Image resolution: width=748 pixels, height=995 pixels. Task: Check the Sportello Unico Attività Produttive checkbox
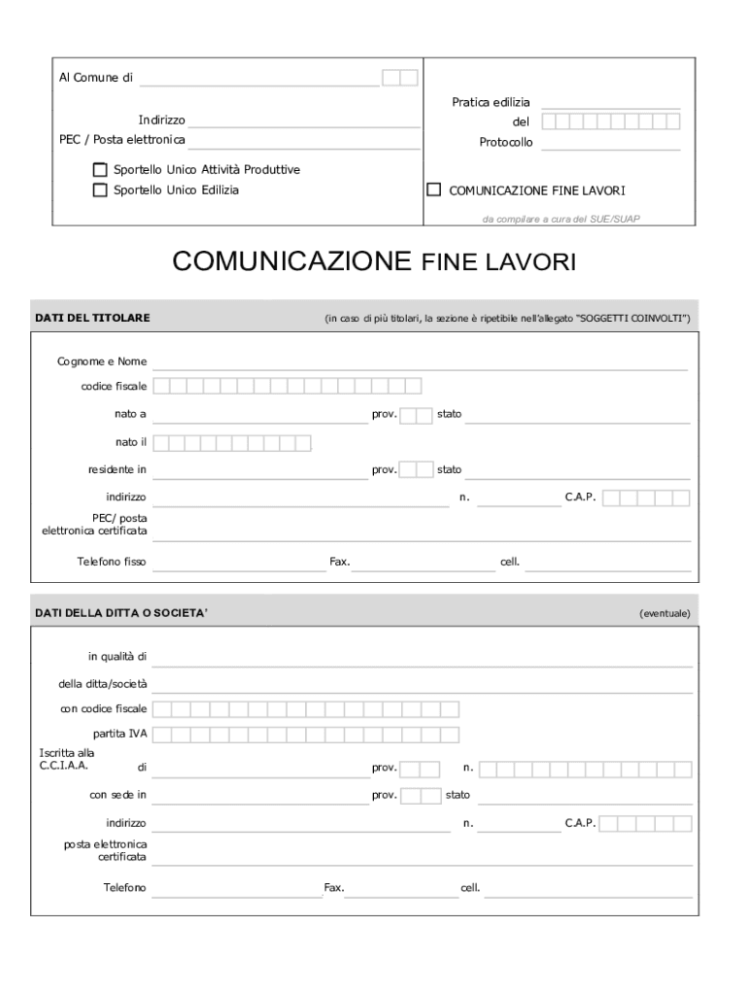(x=100, y=170)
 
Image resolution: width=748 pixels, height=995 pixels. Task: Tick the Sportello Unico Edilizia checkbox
(x=100, y=190)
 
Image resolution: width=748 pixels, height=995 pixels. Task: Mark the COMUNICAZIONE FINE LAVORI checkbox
(x=434, y=190)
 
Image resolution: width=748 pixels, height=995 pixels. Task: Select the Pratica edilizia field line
(x=610, y=103)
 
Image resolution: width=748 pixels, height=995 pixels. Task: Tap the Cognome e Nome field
(x=420, y=363)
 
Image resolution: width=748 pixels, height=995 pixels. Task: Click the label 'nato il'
(x=130, y=443)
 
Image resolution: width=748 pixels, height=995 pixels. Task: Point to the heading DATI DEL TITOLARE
(x=92, y=318)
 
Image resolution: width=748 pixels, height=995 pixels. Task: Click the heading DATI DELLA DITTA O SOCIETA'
(x=121, y=613)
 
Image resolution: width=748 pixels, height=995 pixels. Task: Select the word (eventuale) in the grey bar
(x=664, y=613)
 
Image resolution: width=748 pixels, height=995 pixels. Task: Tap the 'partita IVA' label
(x=119, y=733)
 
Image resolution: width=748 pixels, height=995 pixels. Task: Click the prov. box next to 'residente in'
(x=417, y=470)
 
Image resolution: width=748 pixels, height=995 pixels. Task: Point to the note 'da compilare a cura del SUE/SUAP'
(x=561, y=219)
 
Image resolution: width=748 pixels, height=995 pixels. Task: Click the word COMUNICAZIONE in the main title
(x=292, y=261)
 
